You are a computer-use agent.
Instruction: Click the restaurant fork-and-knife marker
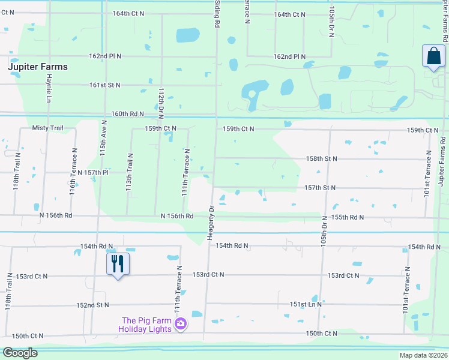click(118, 264)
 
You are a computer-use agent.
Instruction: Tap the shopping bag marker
click(433, 57)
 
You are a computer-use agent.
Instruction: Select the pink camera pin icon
click(180, 325)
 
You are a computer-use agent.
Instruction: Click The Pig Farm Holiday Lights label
click(146, 325)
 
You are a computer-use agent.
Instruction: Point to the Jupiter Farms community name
click(38, 67)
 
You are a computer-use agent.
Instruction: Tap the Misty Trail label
click(47, 128)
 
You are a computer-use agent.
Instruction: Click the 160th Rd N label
click(128, 114)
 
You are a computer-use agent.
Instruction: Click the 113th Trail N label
click(130, 172)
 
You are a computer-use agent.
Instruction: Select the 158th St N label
click(321, 158)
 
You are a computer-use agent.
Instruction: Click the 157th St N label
click(319, 188)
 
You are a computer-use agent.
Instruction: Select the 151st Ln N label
click(306, 304)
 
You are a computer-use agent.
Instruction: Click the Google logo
click(20, 353)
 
